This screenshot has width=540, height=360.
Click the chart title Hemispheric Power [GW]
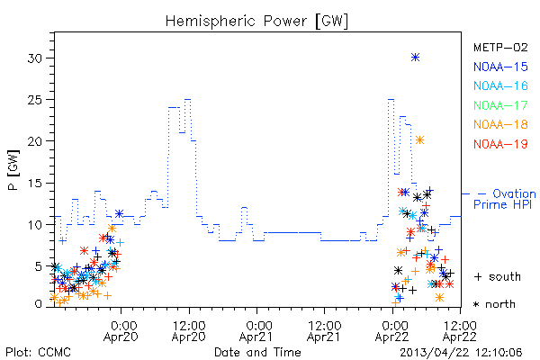(256, 22)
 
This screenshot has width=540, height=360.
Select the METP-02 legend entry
(500, 48)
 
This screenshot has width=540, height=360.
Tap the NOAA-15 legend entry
(500, 67)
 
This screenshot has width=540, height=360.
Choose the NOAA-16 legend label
(500, 85)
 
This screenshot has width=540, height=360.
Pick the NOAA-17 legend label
(500, 105)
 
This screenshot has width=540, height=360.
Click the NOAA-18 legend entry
(500, 124)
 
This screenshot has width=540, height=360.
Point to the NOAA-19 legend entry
(500, 144)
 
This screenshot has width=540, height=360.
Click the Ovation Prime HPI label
(505, 199)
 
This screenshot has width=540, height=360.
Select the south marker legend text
(498, 276)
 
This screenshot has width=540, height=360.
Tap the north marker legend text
(495, 304)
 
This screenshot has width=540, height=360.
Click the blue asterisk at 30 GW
(415, 58)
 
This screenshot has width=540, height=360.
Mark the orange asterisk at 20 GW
(419, 139)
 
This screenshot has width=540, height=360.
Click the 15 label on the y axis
(36, 184)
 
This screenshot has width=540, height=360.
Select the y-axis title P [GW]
(14, 170)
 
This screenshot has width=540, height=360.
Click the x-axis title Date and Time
(257, 352)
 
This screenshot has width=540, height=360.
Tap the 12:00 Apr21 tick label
(324, 331)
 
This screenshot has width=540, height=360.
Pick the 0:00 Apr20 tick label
(121, 331)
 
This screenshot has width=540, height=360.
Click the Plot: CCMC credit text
(38, 352)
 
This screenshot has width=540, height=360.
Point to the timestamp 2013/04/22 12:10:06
(461, 353)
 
